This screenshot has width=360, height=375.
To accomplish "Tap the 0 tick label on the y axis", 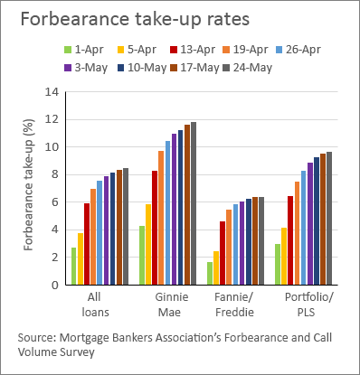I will coord(53,285).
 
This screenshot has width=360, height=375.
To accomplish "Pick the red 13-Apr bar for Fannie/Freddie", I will coord(223,253).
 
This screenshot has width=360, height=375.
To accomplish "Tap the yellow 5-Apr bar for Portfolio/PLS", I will coord(283,256).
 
